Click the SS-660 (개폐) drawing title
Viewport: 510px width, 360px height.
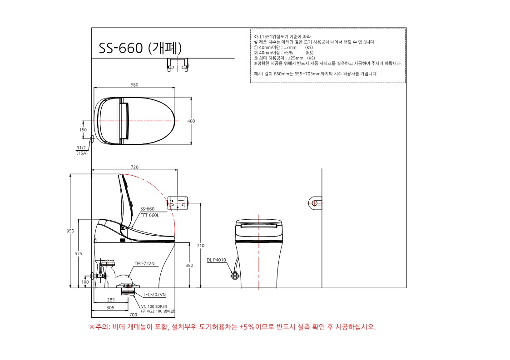(140, 48)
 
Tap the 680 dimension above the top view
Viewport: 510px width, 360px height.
(134, 85)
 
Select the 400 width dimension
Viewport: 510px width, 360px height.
(191, 121)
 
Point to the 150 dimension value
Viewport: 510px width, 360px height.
(83, 130)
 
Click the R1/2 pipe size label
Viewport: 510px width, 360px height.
(81, 148)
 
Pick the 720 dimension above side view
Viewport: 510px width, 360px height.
(134, 167)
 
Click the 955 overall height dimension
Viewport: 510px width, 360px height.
(70, 231)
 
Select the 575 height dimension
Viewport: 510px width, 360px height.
(79, 254)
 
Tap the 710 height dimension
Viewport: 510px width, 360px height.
(201, 246)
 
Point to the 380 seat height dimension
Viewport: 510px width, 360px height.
(189, 266)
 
